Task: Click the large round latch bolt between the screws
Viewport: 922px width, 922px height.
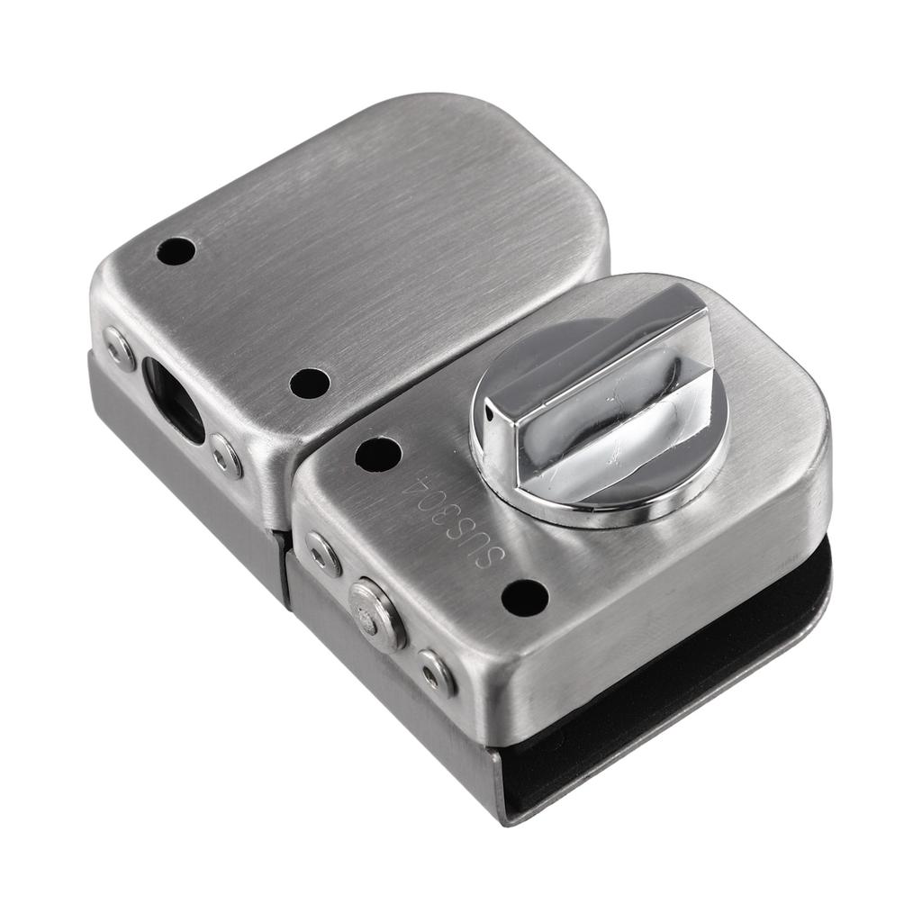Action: click(x=376, y=615)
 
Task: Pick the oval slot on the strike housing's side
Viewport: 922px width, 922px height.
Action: click(x=173, y=400)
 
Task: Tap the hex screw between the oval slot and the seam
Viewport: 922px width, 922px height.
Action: click(x=226, y=456)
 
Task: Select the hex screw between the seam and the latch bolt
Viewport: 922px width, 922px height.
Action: click(x=323, y=553)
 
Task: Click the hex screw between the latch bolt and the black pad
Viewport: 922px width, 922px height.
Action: click(x=436, y=672)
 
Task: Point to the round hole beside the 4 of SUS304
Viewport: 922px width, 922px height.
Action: click(x=377, y=454)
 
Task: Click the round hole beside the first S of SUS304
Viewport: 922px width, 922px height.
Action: click(x=524, y=598)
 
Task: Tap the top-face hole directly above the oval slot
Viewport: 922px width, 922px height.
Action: click(x=176, y=251)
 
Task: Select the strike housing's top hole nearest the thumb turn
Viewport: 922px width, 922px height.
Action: click(x=309, y=384)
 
